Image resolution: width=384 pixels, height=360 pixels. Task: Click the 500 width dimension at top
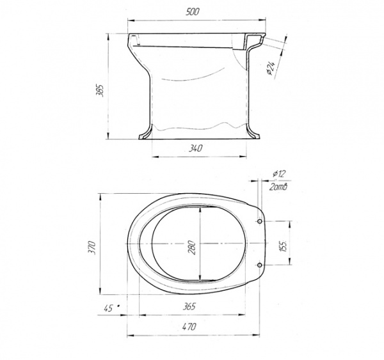192,12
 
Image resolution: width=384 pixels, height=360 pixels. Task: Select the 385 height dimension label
100,90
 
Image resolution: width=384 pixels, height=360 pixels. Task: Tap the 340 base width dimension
195,148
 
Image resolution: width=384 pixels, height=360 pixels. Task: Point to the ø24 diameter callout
271,68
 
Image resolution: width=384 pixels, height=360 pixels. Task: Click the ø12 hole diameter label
279,174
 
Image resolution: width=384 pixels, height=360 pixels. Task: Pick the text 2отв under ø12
278,187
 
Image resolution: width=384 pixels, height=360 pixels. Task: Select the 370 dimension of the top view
92,247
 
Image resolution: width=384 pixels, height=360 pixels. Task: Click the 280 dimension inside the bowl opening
192,247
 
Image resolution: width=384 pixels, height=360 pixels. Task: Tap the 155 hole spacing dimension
283,246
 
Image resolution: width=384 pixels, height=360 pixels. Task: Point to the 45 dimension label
108,308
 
